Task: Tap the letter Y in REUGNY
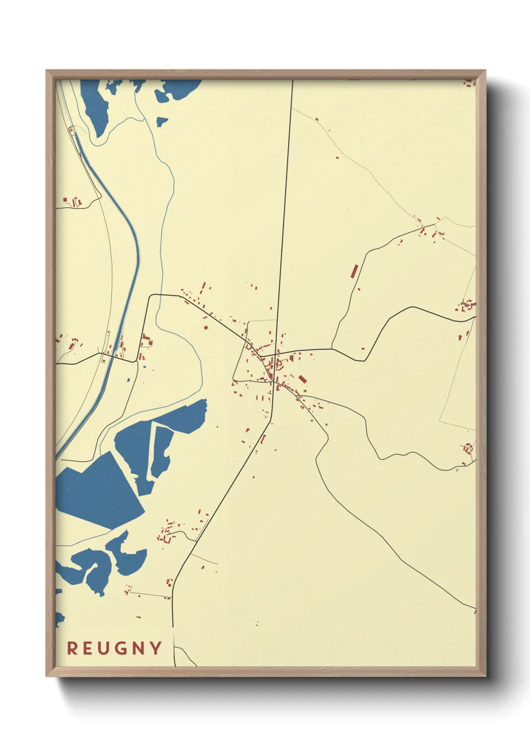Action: pos(155,648)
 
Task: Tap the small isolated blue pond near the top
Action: pos(161,122)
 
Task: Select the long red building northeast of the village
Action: pos(354,271)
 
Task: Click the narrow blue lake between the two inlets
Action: pos(161,451)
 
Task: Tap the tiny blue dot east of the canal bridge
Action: pos(145,367)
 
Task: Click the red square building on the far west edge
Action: pos(65,201)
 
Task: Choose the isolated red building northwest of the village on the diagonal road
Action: pos(205,327)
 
